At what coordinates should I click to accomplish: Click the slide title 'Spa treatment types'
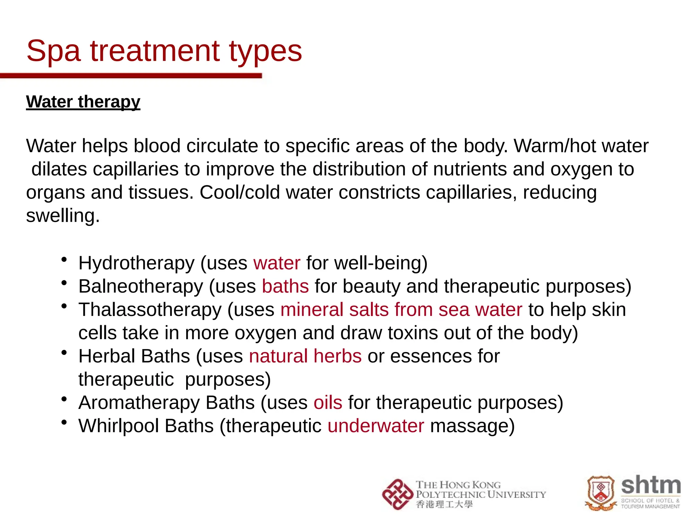tap(164, 51)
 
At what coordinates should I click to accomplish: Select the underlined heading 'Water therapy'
tap(83, 101)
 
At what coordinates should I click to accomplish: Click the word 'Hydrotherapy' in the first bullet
tap(136, 263)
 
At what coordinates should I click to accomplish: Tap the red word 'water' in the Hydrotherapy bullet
tap(277, 263)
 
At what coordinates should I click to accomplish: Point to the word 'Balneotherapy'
tap(141, 286)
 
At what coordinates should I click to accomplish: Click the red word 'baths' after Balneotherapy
tap(285, 286)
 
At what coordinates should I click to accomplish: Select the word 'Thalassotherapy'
tap(150, 310)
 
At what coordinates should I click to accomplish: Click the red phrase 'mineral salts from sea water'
tap(401, 310)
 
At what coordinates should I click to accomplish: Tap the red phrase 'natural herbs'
tap(305, 356)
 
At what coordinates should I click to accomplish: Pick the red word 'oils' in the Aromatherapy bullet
tap(328, 402)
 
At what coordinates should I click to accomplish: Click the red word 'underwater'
tap(376, 426)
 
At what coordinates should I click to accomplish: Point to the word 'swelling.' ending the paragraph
tap(63, 216)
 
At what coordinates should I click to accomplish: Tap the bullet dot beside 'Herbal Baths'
tap(64, 353)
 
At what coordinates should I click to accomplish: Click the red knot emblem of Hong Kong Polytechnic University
tap(397, 494)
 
